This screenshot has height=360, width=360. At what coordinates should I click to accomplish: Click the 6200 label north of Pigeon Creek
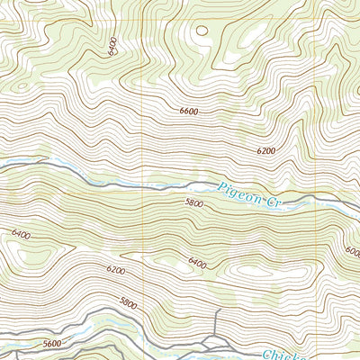265,151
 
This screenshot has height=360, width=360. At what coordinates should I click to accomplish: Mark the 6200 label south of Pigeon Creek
115,269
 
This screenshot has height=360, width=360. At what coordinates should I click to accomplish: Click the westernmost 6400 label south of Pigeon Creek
21,235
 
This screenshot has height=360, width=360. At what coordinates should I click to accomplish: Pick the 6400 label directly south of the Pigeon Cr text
198,264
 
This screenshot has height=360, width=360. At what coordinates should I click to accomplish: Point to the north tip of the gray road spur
219,310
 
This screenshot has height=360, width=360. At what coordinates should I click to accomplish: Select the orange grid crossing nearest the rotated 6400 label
147,19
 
